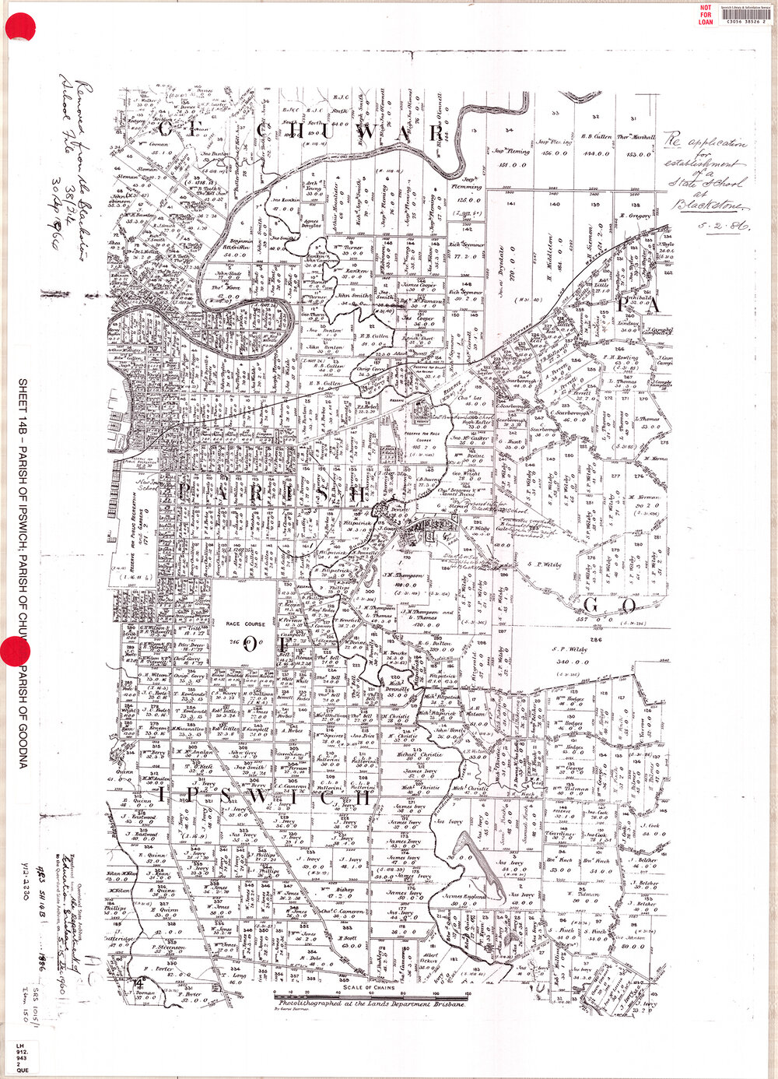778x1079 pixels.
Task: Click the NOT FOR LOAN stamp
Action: click(706, 14)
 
